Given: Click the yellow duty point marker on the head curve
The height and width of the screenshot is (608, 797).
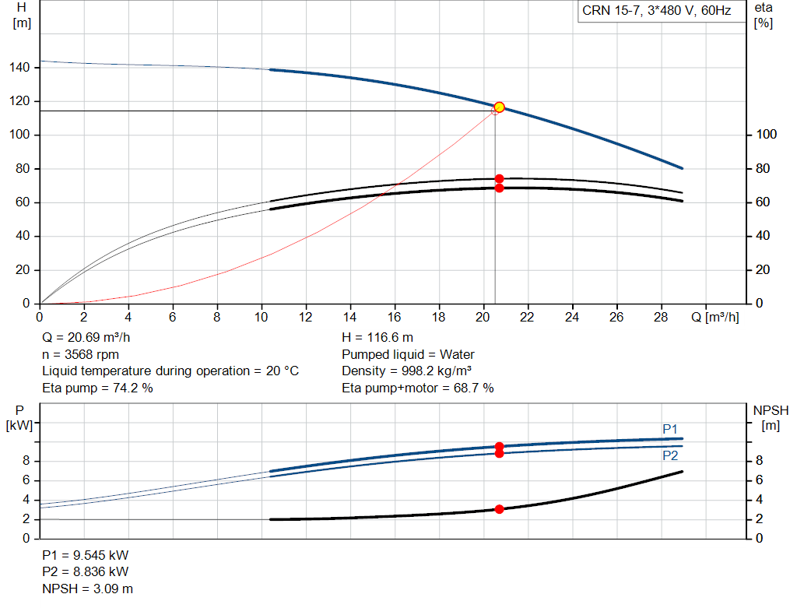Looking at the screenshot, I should click(x=499, y=107).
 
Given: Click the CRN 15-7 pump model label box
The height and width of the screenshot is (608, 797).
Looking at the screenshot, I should click(x=656, y=11).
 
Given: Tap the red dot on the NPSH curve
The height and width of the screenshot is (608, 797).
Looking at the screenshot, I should click(x=499, y=509).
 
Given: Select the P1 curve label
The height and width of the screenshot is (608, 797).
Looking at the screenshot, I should click(x=670, y=429).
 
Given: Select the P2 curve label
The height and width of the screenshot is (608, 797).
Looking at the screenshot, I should click(x=670, y=455).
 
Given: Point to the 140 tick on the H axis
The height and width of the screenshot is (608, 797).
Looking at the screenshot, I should click(x=20, y=68).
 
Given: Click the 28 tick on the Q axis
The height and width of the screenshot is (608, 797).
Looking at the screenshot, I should click(x=662, y=317).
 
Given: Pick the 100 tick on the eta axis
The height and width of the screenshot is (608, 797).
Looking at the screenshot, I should click(x=767, y=135).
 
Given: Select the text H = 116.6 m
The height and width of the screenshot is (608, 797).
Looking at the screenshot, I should click(x=377, y=339).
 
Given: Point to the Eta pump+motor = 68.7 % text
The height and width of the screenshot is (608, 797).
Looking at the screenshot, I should click(x=418, y=388).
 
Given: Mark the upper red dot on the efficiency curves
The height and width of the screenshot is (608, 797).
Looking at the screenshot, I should click(x=499, y=179).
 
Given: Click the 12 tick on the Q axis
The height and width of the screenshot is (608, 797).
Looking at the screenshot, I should click(x=306, y=317).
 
